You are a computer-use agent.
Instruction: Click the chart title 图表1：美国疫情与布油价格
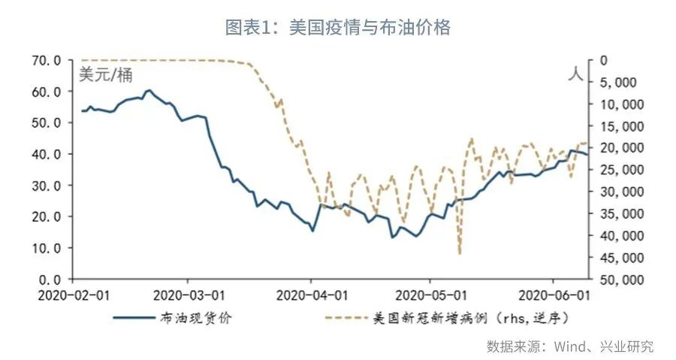[338, 28]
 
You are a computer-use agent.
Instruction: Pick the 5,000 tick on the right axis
[620, 82]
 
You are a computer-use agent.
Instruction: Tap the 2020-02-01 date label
[74, 294]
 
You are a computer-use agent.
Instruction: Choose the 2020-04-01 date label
[310, 294]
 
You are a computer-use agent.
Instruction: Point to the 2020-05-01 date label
[429, 294]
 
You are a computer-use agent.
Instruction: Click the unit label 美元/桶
[106, 75]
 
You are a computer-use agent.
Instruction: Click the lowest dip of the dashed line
[459, 254]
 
